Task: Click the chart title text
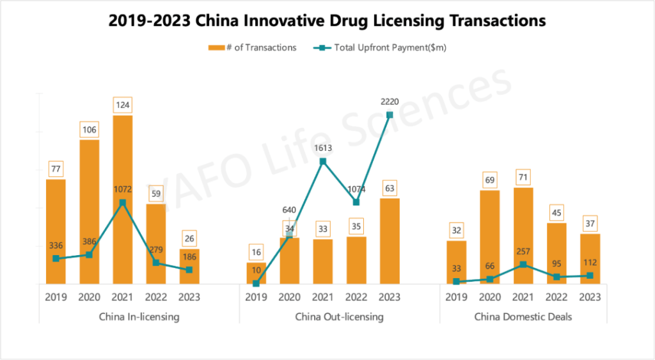point(327,20)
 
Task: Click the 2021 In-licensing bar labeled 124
point(123,199)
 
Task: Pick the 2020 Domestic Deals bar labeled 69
point(489,237)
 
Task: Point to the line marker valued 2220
point(390,115)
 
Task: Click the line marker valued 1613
point(323,161)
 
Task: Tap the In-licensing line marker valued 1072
point(123,203)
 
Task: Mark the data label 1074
point(356,189)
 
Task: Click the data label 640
point(290,209)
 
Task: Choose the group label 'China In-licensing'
point(139,317)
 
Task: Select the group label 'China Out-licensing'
point(339,317)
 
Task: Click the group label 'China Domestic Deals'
point(523,317)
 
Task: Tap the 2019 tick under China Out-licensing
point(256,297)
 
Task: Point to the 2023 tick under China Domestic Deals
point(590,297)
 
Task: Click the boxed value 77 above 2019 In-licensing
point(56,169)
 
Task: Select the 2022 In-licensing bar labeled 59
point(156,243)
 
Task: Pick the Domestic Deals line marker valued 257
point(523,264)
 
